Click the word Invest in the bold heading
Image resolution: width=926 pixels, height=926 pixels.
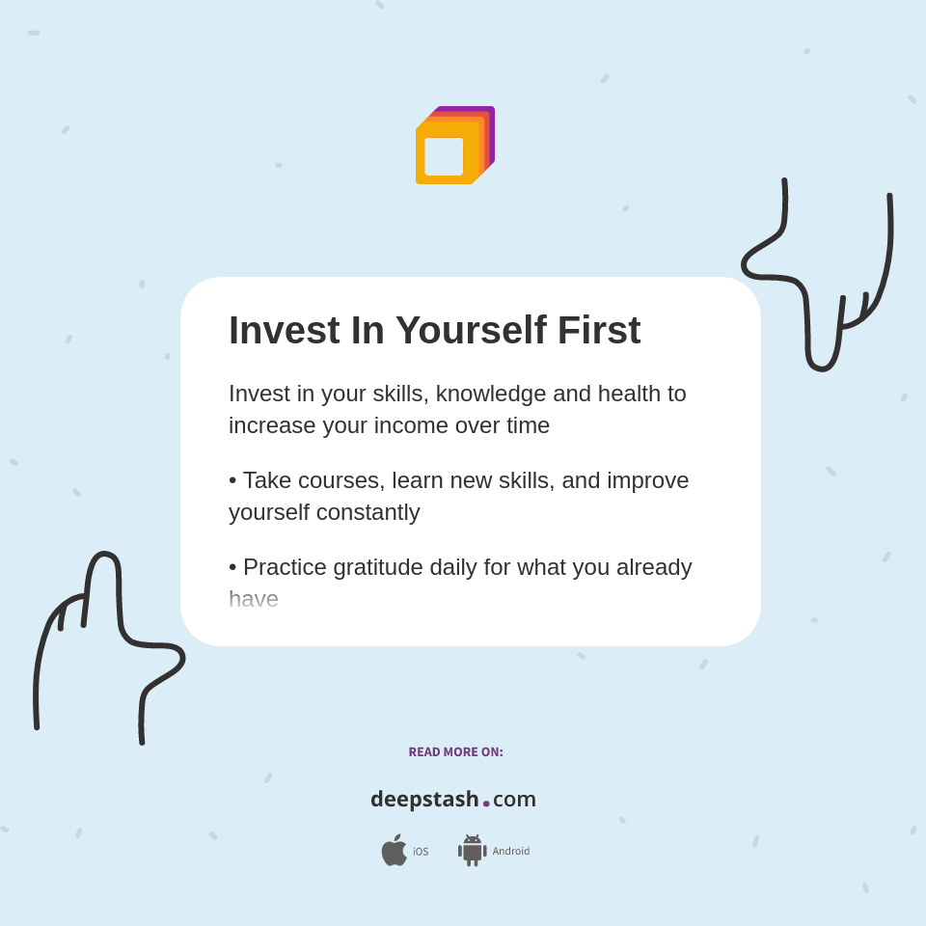(x=284, y=331)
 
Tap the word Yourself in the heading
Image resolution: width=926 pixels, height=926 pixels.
(x=470, y=331)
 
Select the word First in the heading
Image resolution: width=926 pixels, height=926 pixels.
(x=599, y=331)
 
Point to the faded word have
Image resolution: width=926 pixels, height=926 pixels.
(x=254, y=599)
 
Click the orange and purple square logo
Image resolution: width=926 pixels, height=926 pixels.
(x=455, y=146)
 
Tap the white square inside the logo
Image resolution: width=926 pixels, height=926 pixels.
(x=444, y=156)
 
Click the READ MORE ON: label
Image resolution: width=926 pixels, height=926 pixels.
(x=455, y=752)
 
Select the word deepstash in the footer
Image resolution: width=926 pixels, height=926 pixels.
(x=424, y=799)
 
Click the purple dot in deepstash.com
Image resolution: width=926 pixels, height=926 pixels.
(x=486, y=803)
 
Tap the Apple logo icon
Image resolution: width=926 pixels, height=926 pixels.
(x=394, y=850)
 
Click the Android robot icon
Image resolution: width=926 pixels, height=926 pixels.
(x=472, y=850)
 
